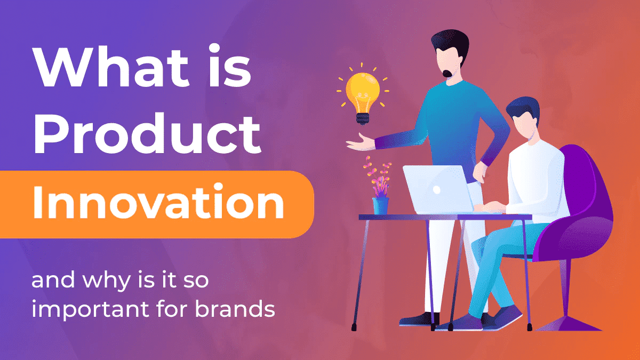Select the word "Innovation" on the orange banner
coord(158,202)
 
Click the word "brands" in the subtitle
coord(235,309)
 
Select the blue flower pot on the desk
coord(381,206)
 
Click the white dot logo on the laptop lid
coord(437,189)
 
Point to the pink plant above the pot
coord(378,177)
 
